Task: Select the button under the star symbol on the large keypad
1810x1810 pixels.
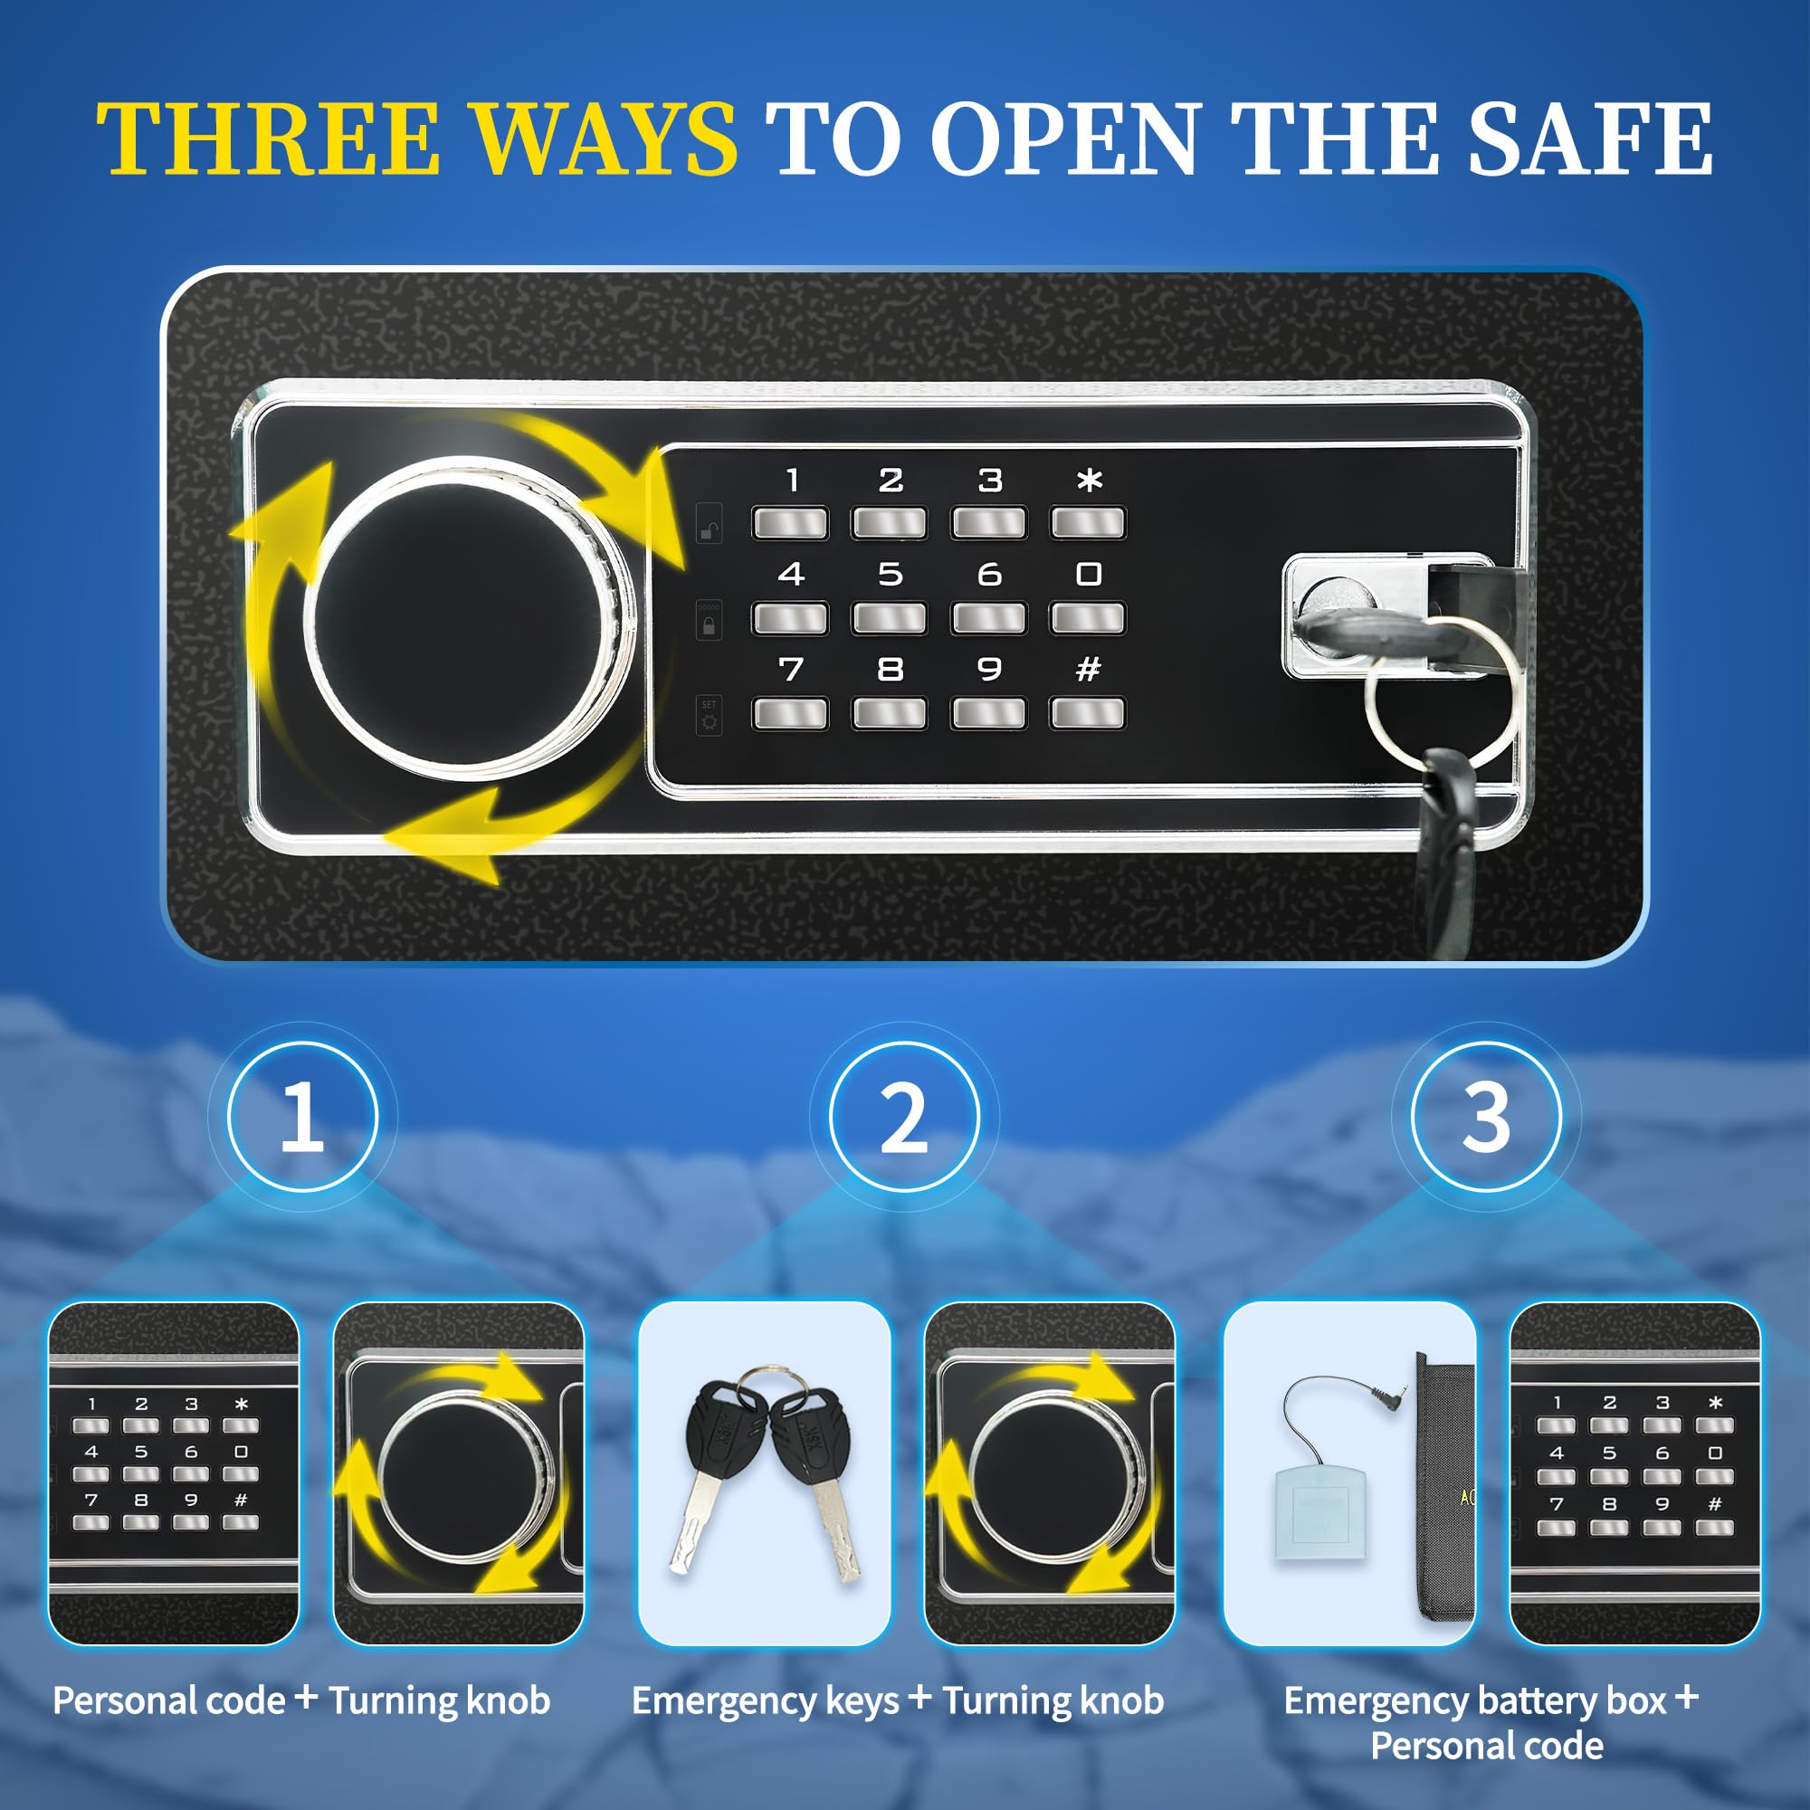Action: click(1087, 523)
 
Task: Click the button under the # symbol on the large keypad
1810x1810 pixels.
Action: click(1087, 713)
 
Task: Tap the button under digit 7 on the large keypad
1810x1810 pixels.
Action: click(790, 713)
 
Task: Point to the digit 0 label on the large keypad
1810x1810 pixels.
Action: click(1088, 574)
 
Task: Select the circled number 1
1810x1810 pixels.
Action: click(301, 1116)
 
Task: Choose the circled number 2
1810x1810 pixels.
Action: click(904, 1116)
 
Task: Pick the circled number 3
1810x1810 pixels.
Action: click(1486, 1116)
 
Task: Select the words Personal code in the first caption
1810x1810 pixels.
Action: click(168, 1700)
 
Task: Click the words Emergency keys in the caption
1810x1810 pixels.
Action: click(766, 1700)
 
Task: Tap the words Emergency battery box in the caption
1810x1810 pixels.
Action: click(1474, 1700)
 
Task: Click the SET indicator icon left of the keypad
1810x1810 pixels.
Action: click(710, 715)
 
